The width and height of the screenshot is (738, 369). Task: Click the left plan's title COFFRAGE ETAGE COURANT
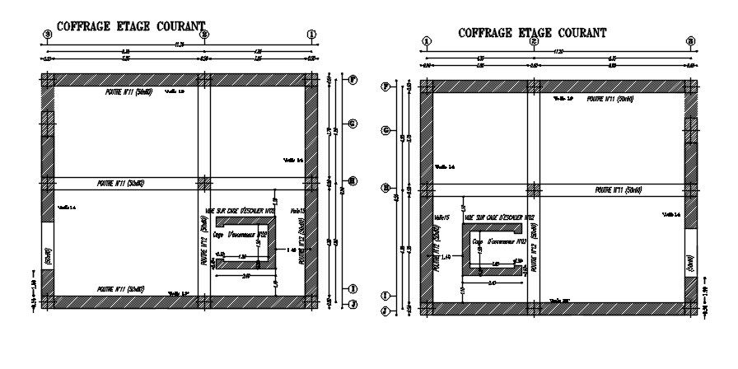coord(131,26)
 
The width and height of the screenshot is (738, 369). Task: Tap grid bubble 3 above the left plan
coord(48,34)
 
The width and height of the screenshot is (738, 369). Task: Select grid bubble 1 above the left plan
coord(311,34)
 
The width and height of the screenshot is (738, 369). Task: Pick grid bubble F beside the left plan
coord(352,80)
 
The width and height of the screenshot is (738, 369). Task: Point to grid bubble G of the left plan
coord(352,124)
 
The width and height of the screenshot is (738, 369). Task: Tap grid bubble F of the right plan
coord(384,86)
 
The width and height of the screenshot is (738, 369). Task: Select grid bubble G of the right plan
coord(384,130)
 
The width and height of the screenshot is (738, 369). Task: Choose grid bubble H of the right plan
coord(384,188)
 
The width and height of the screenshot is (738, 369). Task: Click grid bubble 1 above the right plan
coord(426,40)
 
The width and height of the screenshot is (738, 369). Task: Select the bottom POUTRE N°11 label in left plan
coord(121,289)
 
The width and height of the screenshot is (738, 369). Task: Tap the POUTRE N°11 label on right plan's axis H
coord(618,189)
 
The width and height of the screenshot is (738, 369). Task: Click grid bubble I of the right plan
coord(384,295)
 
